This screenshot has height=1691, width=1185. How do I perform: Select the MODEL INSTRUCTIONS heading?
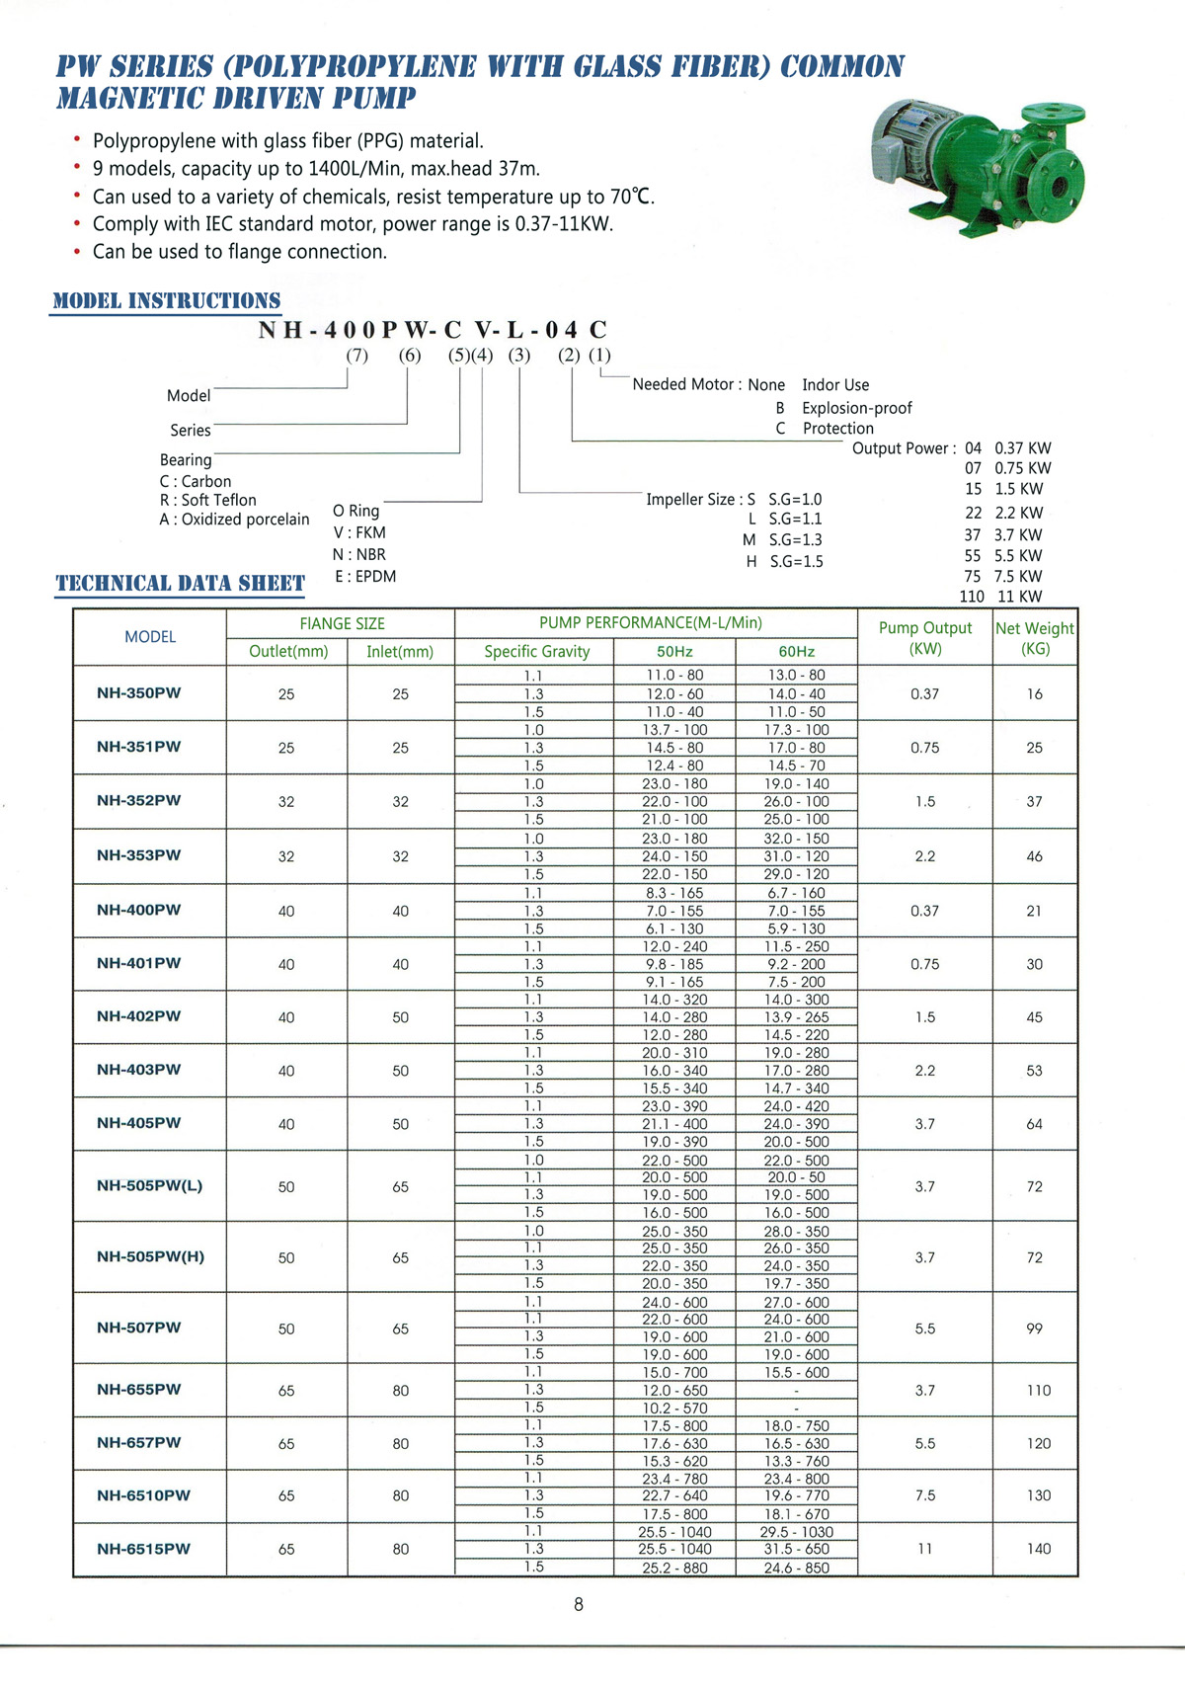[166, 300]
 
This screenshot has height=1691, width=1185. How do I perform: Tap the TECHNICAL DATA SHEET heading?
[180, 583]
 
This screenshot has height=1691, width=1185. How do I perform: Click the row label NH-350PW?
[139, 692]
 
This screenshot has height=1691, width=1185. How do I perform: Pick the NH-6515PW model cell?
[143, 1549]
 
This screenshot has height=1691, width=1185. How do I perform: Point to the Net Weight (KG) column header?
[1035, 638]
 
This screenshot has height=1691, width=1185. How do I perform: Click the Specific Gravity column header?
[536, 651]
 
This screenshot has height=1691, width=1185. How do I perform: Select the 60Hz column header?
[796, 651]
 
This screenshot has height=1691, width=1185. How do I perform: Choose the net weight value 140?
[1038, 1549]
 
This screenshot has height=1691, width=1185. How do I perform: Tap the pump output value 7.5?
[925, 1495]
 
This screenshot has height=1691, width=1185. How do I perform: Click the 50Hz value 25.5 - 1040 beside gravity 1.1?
[674, 1532]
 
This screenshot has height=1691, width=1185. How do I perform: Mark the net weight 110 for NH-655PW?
[1038, 1390]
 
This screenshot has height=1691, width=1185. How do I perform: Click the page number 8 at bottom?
[579, 1605]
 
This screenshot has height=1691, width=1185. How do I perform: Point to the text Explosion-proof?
[856, 408]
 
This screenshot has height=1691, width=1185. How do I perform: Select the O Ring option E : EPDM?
[365, 576]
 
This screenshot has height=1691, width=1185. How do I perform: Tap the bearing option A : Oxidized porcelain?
[234, 520]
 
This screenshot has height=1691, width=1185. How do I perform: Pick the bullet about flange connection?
[240, 252]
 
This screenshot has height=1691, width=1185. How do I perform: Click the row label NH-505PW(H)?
[150, 1256]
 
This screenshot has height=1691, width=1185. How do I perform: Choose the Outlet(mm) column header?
[288, 651]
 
